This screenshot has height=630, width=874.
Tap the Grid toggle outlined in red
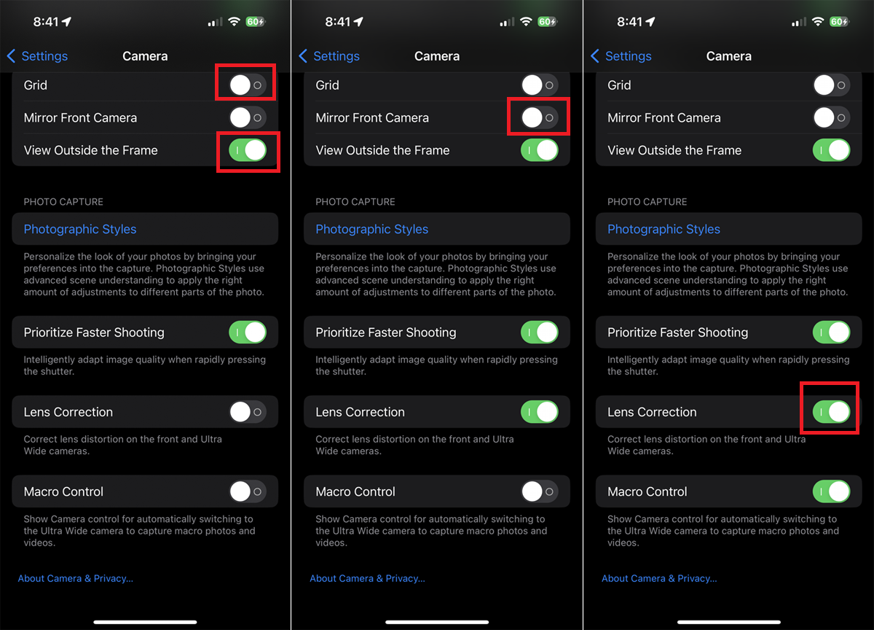(x=247, y=85)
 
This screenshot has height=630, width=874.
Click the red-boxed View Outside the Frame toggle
(x=248, y=150)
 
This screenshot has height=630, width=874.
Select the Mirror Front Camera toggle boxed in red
(x=539, y=117)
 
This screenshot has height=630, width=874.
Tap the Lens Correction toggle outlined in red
(x=831, y=412)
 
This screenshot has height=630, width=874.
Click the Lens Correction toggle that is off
(x=247, y=412)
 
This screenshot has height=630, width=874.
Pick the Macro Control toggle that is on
(x=831, y=491)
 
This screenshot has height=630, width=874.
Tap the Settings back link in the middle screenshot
(x=330, y=56)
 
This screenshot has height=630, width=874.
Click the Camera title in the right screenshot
(x=728, y=56)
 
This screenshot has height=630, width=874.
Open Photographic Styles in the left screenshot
(x=80, y=229)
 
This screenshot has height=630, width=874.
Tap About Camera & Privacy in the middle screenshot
(x=367, y=578)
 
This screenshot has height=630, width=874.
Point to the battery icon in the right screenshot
(x=838, y=22)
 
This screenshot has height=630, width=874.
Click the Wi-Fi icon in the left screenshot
(x=234, y=22)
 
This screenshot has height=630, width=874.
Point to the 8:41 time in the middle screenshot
(x=338, y=22)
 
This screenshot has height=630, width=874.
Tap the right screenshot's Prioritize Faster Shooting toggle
(x=831, y=332)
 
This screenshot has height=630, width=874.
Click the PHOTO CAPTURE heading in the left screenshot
(x=63, y=202)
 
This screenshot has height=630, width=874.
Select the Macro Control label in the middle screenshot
(x=355, y=491)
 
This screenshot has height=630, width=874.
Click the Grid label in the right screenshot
(x=619, y=85)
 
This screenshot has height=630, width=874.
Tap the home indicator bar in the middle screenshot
(x=437, y=622)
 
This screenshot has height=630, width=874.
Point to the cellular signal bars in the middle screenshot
(x=507, y=23)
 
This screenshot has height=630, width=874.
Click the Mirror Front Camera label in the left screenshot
(x=80, y=117)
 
